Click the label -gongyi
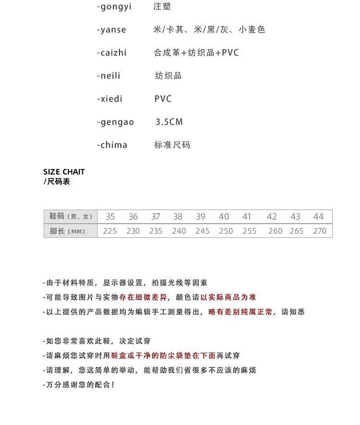click(114, 7)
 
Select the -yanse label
click(111, 30)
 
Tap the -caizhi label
click(112, 53)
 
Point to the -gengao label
click(115, 122)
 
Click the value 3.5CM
click(169, 122)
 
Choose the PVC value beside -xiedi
click(163, 99)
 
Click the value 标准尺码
click(172, 145)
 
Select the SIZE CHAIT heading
click(64, 172)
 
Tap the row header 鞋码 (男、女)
click(71, 217)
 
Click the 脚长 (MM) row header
click(67, 231)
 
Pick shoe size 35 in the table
click(110, 217)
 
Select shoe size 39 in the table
click(201, 217)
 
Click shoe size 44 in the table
click(319, 217)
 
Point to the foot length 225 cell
click(110, 231)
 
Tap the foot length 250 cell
click(226, 231)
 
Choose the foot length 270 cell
click(320, 231)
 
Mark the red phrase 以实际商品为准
click(228, 297)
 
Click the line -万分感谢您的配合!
click(79, 385)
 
